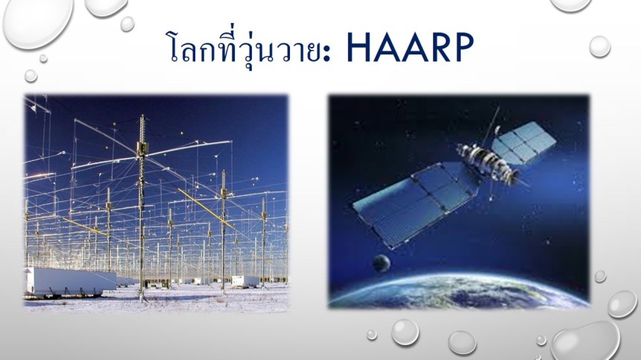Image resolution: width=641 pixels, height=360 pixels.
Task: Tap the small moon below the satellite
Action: pyautogui.click(x=381, y=263)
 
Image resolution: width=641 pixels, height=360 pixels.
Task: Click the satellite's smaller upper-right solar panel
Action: pyautogui.click(x=523, y=142)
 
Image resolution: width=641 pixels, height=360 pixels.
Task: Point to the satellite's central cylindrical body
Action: pyautogui.click(x=488, y=162)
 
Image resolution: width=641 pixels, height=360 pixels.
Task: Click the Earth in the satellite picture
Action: pyautogui.click(x=458, y=291)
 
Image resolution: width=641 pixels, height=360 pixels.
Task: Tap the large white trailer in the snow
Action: pyautogui.click(x=70, y=281)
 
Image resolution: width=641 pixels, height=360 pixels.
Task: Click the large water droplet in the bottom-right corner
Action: pyautogui.click(x=584, y=341)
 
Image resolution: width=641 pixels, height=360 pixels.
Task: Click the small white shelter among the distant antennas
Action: pyautogui.click(x=245, y=281)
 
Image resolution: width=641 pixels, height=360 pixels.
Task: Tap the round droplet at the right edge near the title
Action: pyautogui.click(x=600, y=46)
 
